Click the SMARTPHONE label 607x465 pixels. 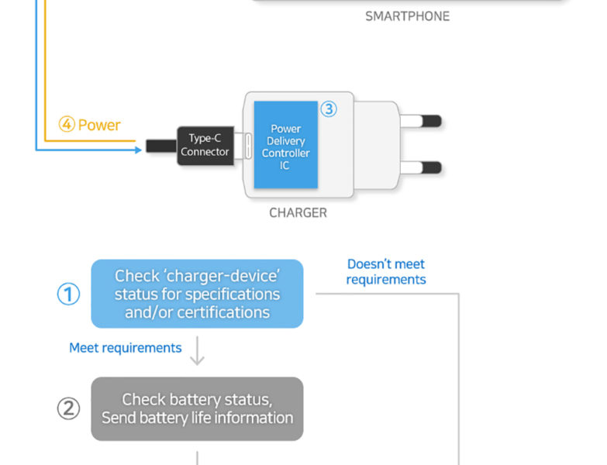click(407, 15)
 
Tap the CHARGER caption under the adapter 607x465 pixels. click(298, 212)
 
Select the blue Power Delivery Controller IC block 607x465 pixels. click(285, 145)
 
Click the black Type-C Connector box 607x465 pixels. click(205, 145)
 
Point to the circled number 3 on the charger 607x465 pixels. click(329, 109)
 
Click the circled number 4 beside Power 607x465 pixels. click(67, 125)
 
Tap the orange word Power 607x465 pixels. click(99, 125)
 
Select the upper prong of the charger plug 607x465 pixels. click(422, 121)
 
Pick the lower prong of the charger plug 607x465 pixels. click(422, 167)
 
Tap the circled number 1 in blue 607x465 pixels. click(68, 294)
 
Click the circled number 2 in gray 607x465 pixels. click(68, 408)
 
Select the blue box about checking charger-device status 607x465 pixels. click(197, 294)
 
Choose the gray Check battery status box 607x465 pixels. click(197, 408)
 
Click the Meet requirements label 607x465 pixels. click(126, 348)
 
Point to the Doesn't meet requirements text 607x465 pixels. click(386, 272)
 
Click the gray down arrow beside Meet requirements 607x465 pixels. click(198, 353)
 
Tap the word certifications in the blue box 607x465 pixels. click(223, 312)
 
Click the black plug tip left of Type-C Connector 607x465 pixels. click(160, 145)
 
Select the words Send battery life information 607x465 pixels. click(198, 418)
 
